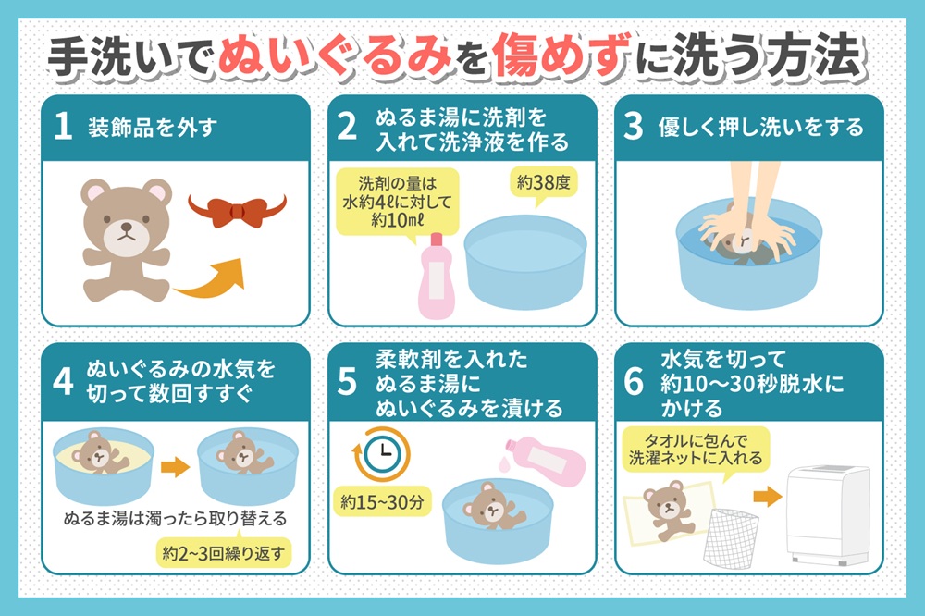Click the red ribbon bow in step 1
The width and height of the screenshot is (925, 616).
click(x=237, y=212)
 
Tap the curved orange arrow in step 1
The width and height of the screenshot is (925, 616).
click(x=213, y=282)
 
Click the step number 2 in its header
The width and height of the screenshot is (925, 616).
click(x=347, y=127)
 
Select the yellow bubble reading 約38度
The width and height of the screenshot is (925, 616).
click(x=543, y=186)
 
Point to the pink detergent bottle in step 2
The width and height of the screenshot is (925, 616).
click(x=436, y=277)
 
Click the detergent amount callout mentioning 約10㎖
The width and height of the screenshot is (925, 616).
click(x=397, y=203)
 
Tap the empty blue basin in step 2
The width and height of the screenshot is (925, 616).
click(x=525, y=262)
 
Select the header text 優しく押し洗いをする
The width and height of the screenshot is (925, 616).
click(x=760, y=128)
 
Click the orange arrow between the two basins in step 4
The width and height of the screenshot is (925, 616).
click(x=175, y=467)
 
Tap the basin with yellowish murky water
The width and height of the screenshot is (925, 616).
click(x=104, y=466)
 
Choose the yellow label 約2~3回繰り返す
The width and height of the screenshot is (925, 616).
click(x=224, y=553)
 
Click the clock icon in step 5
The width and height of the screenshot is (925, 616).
click(x=382, y=454)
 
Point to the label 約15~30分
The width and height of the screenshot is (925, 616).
click(x=382, y=502)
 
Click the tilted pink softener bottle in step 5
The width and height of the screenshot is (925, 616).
click(x=544, y=459)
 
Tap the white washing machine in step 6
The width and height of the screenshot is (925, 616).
click(x=828, y=515)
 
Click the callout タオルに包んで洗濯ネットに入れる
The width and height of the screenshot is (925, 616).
click(x=696, y=450)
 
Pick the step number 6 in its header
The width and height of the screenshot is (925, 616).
click(x=634, y=381)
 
